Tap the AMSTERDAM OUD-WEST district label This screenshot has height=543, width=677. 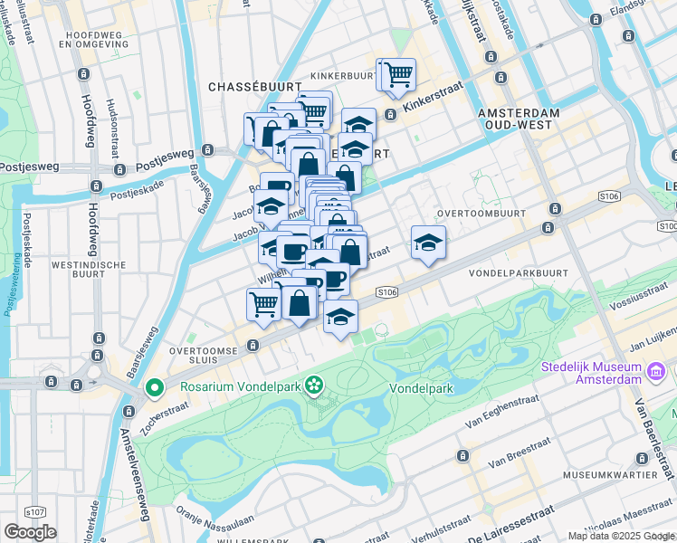pos(520,118)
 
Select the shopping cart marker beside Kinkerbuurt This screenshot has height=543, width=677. pos(396,74)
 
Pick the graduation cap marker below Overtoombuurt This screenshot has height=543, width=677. pos(428,242)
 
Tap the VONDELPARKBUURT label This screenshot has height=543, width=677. pos(517,271)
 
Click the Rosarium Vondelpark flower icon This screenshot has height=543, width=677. pos(314,386)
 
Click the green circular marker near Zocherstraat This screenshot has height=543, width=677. pos(155,389)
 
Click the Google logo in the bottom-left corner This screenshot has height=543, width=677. pos(30,531)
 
